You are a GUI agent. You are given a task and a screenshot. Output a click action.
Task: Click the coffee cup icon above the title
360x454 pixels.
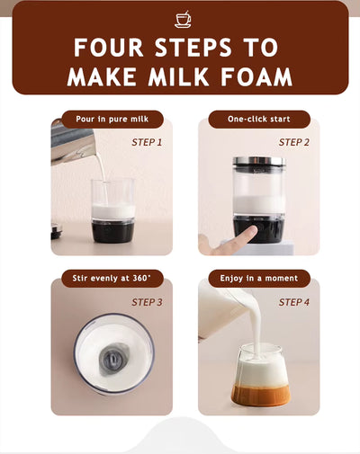click(x=183, y=20)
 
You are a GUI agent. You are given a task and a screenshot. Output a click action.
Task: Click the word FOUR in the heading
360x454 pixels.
click(x=109, y=48)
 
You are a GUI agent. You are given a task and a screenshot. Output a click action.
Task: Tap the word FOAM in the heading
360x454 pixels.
click(x=256, y=76)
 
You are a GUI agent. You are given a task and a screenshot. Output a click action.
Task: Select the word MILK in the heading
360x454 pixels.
click(x=178, y=76)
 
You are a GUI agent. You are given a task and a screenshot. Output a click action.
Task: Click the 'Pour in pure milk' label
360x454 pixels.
click(x=112, y=120)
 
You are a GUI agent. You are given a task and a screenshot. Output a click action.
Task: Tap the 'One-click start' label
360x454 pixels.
click(x=259, y=120)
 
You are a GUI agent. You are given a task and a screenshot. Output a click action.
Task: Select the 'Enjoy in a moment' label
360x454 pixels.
click(x=259, y=279)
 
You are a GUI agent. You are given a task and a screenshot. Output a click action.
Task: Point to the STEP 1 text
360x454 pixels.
click(x=147, y=142)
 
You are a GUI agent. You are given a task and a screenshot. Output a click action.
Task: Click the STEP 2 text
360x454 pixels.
click(x=293, y=142)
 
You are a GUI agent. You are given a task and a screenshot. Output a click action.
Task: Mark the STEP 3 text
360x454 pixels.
click(x=147, y=302)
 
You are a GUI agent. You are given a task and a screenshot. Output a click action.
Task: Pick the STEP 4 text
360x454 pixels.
click(x=293, y=302)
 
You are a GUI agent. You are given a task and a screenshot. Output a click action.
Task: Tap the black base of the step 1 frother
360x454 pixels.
click(x=112, y=231)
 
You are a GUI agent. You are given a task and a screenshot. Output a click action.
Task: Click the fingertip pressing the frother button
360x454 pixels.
click(x=251, y=230)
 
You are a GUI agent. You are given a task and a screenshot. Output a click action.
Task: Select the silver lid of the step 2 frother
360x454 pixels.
click(x=259, y=161)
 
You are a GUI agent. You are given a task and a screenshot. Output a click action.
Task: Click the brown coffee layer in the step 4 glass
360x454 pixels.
click(x=260, y=396)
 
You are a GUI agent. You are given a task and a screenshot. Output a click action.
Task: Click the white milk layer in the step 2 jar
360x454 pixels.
click(x=259, y=205)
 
